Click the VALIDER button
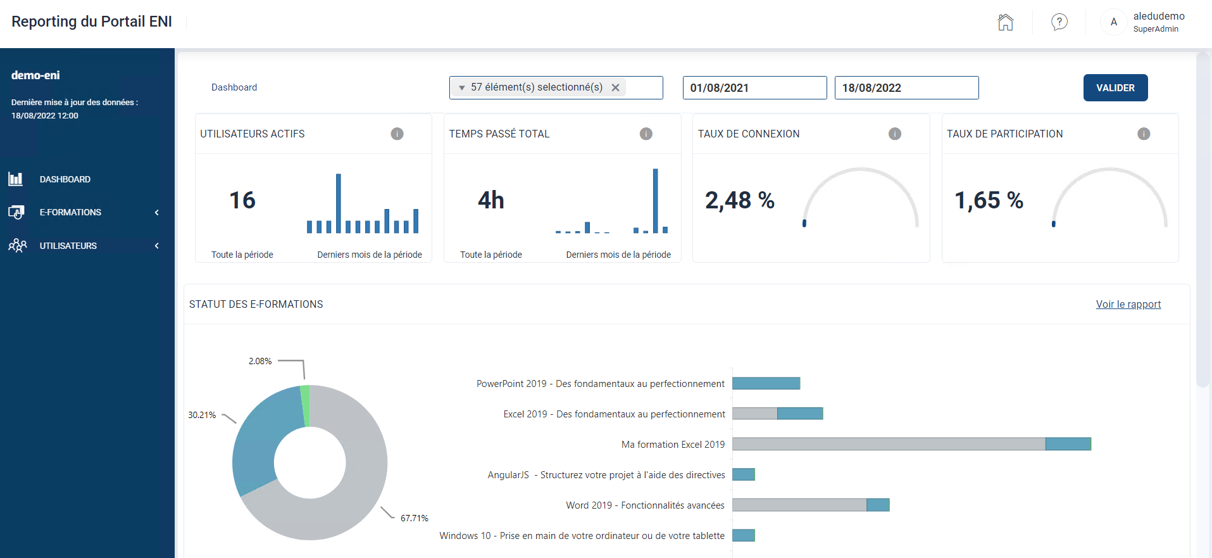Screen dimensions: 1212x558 [1115, 88]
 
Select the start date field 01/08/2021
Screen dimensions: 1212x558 [754, 88]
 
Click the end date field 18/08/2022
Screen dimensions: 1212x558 [906, 88]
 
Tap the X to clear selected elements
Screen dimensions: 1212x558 [615, 88]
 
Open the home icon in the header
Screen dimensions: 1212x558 [1005, 22]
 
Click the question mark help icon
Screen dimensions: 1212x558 [1059, 22]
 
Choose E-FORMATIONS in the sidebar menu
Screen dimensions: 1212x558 [70, 212]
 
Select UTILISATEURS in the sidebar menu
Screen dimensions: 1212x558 [68, 246]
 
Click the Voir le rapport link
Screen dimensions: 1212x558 [1128, 304]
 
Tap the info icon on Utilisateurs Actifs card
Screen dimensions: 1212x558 [397, 134]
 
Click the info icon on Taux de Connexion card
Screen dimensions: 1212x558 [895, 134]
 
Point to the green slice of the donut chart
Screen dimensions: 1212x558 [306, 405]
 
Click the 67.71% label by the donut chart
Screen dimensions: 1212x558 [415, 518]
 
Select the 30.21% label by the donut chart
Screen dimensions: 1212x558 [202, 415]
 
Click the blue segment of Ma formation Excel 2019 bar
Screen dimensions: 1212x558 [1068, 444]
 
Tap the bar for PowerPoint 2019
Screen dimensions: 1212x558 [766, 383]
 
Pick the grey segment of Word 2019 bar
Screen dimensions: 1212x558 [799, 505]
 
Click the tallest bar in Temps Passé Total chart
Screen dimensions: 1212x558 [656, 201]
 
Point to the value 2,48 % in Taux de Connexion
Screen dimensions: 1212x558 [740, 200]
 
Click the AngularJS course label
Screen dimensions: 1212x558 [606, 475]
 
